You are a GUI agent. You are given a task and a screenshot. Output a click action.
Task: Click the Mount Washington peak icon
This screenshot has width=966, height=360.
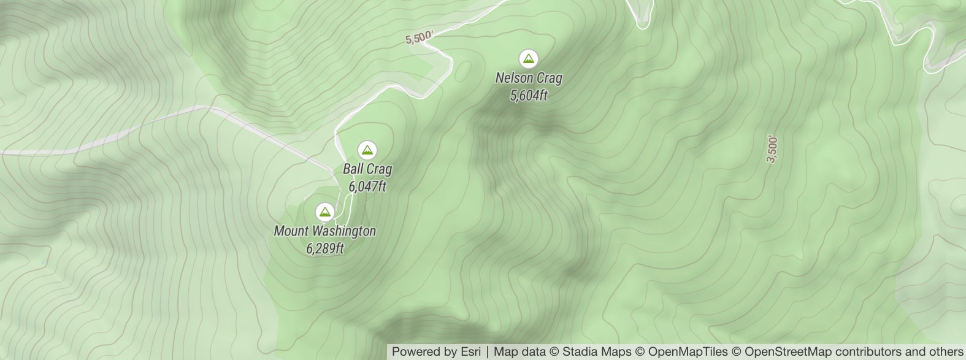pyautogui.click(x=324, y=212)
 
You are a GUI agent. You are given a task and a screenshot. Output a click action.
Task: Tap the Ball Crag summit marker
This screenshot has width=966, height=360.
pyautogui.click(x=367, y=150)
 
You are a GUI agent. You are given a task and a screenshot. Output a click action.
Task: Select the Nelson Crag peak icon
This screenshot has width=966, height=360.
pyautogui.click(x=528, y=59)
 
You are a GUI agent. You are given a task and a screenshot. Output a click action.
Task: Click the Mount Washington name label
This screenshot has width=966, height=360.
pyautogui.click(x=324, y=231)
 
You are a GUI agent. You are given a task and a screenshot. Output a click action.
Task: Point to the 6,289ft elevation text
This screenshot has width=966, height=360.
pyautogui.click(x=324, y=248)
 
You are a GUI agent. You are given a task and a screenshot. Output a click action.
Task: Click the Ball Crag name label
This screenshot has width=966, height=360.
pyautogui.click(x=367, y=169)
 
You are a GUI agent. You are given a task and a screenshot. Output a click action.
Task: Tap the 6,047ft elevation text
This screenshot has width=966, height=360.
pyautogui.click(x=367, y=186)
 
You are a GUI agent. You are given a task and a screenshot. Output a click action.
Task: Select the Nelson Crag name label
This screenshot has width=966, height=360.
pyautogui.click(x=528, y=78)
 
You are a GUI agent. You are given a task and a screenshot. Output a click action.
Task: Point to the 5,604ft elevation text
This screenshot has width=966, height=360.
pyautogui.click(x=528, y=95)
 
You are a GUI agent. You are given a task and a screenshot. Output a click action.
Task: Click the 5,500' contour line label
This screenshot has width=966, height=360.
pyautogui.click(x=419, y=38)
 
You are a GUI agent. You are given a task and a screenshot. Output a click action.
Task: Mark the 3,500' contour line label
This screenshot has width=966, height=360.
pyautogui.click(x=772, y=150)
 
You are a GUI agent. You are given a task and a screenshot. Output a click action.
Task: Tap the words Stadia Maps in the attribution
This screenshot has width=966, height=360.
pyautogui.click(x=596, y=352)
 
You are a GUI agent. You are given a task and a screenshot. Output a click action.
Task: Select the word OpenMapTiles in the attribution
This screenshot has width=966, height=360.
pyautogui.click(x=688, y=352)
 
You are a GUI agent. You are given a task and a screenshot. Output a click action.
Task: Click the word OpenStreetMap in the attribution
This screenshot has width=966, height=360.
pyautogui.click(x=788, y=352)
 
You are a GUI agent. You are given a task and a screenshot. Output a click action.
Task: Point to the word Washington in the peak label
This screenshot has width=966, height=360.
pyautogui.click(x=343, y=231)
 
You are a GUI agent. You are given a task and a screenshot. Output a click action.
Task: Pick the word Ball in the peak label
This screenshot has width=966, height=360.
pyautogui.click(x=353, y=169)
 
